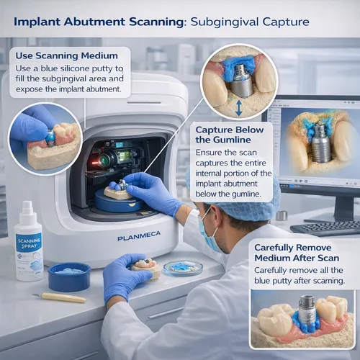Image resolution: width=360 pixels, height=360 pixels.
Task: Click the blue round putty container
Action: coord(69,276)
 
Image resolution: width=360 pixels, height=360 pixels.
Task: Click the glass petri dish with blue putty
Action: coord(183,268)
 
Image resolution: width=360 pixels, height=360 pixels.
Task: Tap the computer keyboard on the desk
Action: coord(324,228)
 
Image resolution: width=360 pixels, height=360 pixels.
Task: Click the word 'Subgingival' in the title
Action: coord(222,22)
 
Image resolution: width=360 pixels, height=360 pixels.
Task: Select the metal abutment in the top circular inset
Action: coord(241,81)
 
